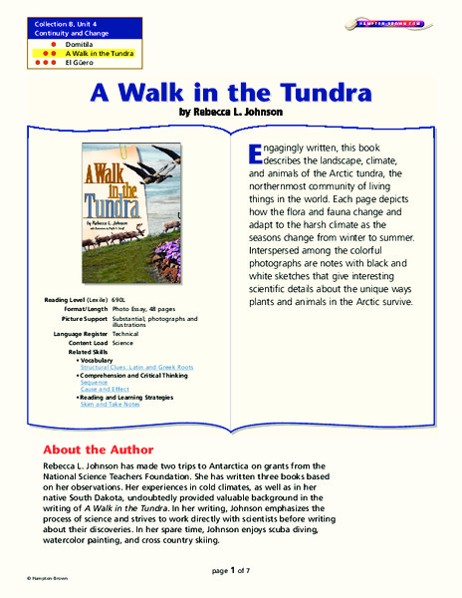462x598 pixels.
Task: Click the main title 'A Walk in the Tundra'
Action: (231, 94)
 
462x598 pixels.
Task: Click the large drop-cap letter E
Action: (252, 151)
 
